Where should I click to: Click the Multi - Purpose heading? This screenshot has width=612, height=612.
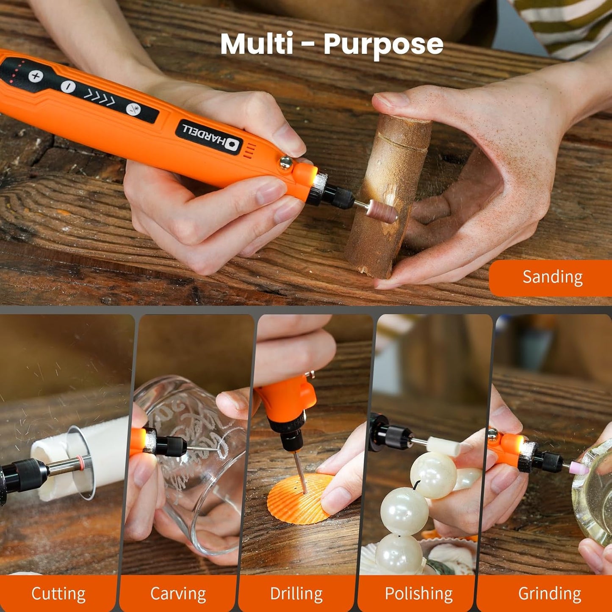coord(331,44)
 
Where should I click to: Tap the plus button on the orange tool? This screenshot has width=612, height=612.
coord(36,76)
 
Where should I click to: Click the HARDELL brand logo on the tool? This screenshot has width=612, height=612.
coord(210,136)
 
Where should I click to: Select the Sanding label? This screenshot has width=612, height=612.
coord(552,277)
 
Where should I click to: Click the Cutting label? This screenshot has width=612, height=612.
coord(58,594)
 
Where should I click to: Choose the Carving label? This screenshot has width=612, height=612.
coord(178,594)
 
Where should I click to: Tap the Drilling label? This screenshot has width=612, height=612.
coord(296,594)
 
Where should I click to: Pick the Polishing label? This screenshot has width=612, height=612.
coord(418,594)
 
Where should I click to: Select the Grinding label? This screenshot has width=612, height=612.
coord(549,594)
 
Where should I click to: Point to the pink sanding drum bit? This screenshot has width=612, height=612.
coord(382,210)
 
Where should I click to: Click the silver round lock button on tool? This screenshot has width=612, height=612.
coord(286,161)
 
